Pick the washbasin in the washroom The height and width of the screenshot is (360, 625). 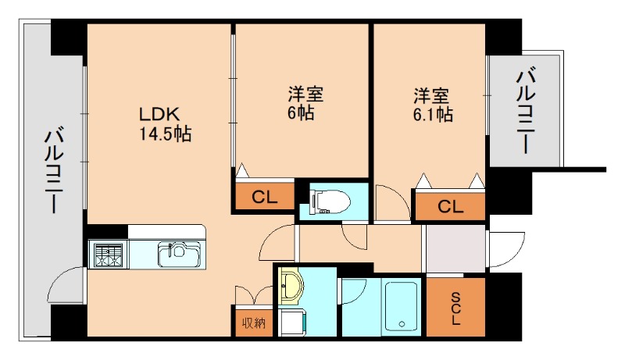pyautogui.click(x=291, y=286)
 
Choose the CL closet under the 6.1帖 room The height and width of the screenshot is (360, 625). pyautogui.click(x=449, y=207)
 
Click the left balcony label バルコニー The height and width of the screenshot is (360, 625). pyautogui.click(x=52, y=169)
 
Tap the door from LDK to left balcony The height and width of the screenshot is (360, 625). pyautogui.click(x=66, y=285)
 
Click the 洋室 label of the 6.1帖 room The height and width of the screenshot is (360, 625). pyautogui.click(x=432, y=96)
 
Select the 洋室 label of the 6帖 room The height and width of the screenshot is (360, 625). pyautogui.click(x=305, y=95)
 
